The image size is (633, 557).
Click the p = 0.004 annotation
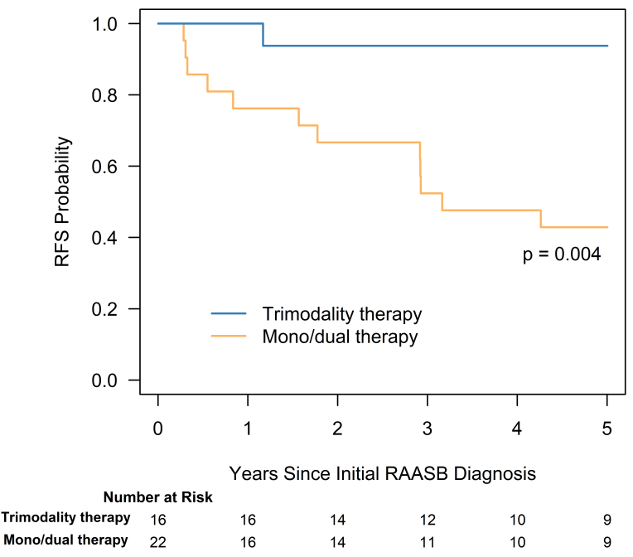(561, 255)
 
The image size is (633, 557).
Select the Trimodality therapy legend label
(342, 314)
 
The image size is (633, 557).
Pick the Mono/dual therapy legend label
(340, 337)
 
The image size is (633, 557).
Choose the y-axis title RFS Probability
(63, 202)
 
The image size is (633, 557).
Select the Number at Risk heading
(157, 497)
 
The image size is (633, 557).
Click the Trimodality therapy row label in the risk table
(65, 518)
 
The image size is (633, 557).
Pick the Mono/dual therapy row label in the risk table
(65, 540)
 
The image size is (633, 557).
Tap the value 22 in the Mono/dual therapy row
(158, 541)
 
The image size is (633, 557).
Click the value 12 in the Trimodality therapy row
(428, 519)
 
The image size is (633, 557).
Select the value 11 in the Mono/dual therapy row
(428, 541)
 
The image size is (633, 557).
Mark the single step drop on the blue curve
(263, 35)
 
